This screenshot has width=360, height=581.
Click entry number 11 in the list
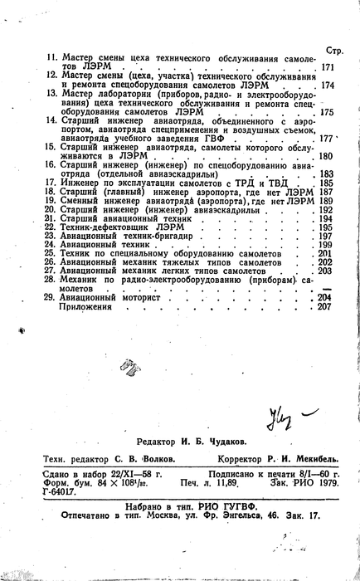[50, 59]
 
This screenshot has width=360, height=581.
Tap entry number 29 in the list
[50, 297]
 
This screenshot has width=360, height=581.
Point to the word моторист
[153, 297]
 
